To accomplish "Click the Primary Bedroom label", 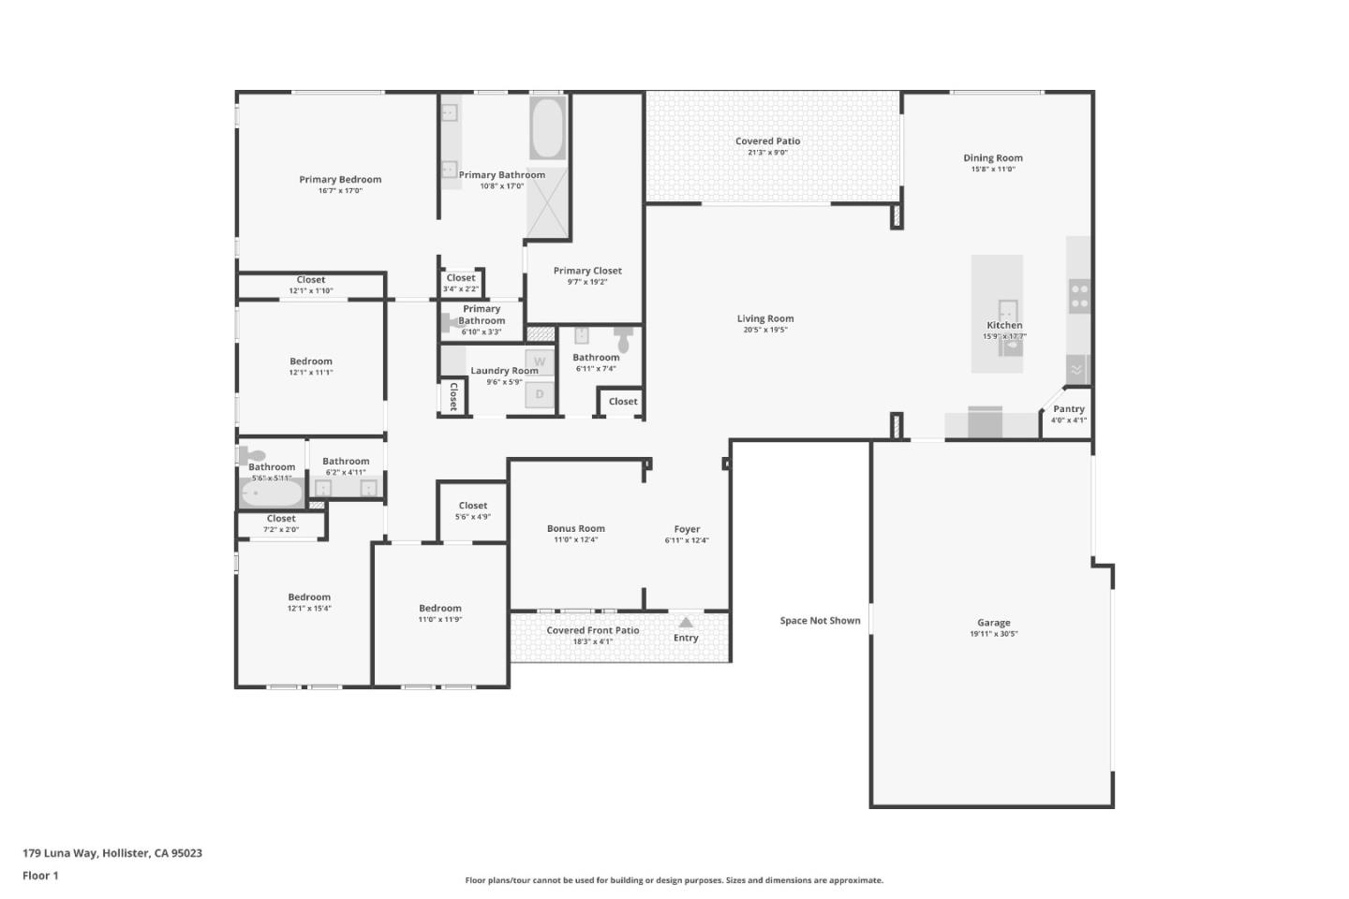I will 340,180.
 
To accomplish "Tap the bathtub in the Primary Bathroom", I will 548,128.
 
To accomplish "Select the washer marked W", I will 540,361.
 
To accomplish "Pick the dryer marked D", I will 540,394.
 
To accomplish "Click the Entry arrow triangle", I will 686,623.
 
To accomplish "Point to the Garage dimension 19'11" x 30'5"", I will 993,634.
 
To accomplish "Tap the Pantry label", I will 1069,409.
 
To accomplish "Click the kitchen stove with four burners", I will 1079,297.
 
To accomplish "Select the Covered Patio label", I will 767,141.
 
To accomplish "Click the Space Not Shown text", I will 820,621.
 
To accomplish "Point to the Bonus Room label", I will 575,529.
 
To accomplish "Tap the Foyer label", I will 687,529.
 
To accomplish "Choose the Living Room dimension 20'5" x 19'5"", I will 765,330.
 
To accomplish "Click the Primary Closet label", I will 587,271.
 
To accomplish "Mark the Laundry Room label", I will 504,371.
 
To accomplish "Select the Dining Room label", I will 993,158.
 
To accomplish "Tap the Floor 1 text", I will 40,876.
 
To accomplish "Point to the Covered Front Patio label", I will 592,630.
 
